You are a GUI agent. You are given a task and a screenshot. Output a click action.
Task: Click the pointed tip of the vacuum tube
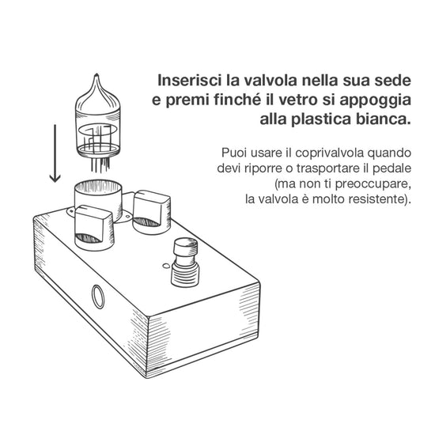pyautogui.click(x=96, y=74)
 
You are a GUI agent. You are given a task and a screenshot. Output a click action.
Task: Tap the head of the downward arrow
pyautogui.click(x=55, y=179)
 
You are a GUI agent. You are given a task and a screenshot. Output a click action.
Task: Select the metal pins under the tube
pyautogui.click(x=100, y=165)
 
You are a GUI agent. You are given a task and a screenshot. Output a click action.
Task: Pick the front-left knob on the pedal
pyautogui.click(x=94, y=228)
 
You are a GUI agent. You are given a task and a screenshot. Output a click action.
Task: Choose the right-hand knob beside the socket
pyautogui.click(x=152, y=212)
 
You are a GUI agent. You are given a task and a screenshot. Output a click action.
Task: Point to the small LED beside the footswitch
pyautogui.click(x=166, y=266)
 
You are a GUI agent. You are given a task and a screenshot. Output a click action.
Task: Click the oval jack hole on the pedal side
pyautogui.click(x=98, y=297)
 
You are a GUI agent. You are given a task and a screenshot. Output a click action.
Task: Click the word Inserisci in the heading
pyautogui.click(x=190, y=81)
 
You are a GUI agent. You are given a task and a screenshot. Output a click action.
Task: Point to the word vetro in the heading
pyautogui.click(x=298, y=100)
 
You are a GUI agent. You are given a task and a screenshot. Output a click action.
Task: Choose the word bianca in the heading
pyautogui.click(x=383, y=119)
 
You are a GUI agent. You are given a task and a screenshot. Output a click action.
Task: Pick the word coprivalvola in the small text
pyautogui.click(x=329, y=153)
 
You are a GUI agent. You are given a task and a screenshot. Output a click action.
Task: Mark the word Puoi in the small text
pyautogui.click(x=233, y=153)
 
